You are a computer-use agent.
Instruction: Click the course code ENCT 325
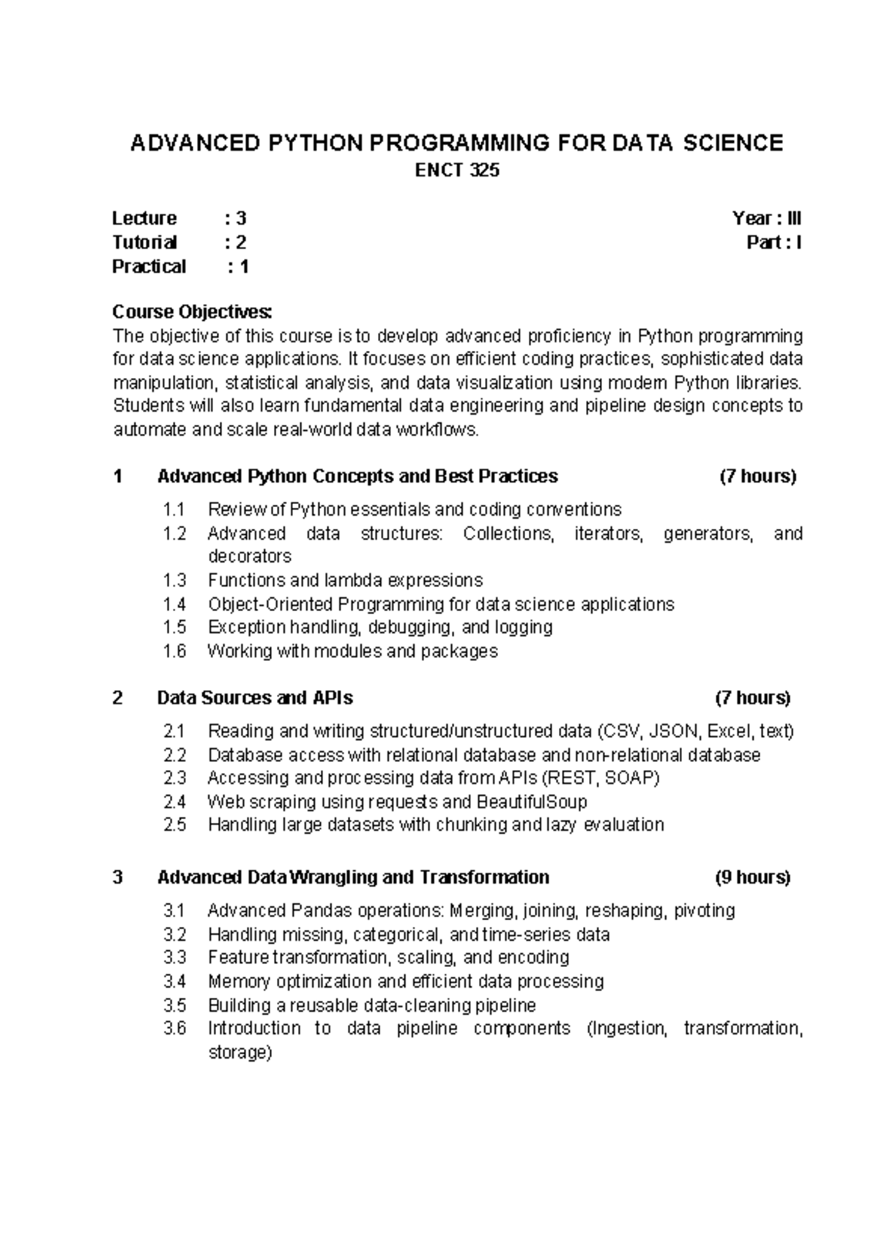pos(457,171)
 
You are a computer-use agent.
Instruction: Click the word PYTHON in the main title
pos(315,143)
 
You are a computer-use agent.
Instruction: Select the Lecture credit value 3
pos(241,218)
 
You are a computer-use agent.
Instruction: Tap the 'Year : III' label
pos(766,218)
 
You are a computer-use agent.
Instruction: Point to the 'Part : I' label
pos(774,243)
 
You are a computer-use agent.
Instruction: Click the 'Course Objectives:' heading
pos(192,312)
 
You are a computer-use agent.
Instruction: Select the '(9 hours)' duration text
pos(752,877)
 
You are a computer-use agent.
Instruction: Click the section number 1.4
pos(175,604)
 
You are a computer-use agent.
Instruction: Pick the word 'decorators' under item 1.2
pos(250,556)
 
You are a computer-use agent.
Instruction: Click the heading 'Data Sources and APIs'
pos(255,697)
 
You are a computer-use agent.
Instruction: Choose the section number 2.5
pos(175,825)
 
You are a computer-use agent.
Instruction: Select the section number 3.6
pos(175,1029)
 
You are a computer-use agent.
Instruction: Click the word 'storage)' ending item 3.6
pos(240,1053)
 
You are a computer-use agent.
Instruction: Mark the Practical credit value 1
pos(244,267)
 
